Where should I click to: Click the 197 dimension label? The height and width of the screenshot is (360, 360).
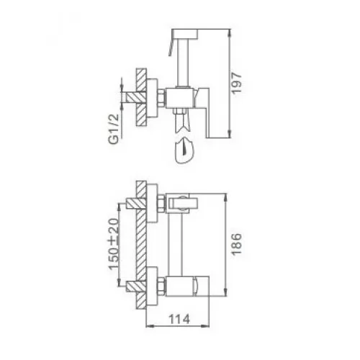pyautogui.click(x=236, y=83)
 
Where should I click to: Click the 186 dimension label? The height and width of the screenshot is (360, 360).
pyautogui.click(x=236, y=244)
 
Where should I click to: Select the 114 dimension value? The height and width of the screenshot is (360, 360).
pyautogui.click(x=179, y=319)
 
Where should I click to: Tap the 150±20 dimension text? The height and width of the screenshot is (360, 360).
pyautogui.click(x=114, y=244)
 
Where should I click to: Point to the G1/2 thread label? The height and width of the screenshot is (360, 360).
pyautogui.click(x=114, y=129)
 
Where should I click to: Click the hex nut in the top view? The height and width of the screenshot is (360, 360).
pyautogui.click(x=161, y=97)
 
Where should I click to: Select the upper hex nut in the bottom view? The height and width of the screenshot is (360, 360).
pyautogui.click(x=161, y=204)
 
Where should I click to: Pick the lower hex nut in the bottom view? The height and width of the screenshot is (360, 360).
pyautogui.click(x=161, y=287)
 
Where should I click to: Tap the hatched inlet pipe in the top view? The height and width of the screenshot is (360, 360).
pyautogui.click(x=136, y=97)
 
